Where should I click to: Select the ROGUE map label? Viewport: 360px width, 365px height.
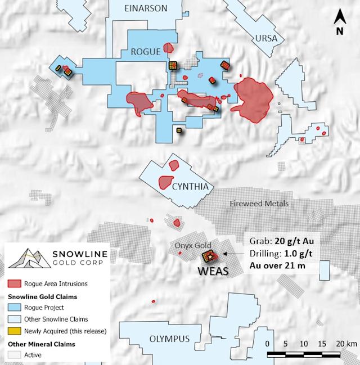coord(146,51)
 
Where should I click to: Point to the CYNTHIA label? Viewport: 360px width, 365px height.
coord(191,187)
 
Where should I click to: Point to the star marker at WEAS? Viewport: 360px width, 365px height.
coord(210,257)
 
